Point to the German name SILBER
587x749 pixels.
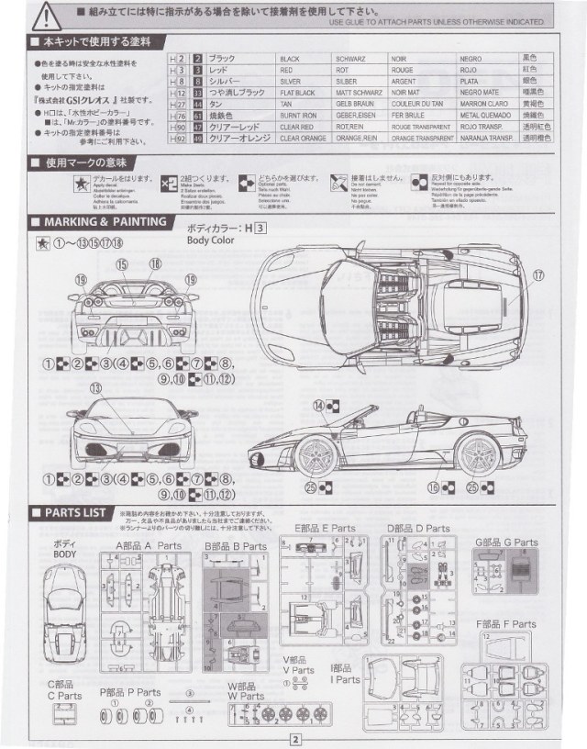[352, 82]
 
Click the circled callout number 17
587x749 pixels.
[538, 274]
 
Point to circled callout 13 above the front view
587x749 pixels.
[98, 387]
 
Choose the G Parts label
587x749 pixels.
[507, 542]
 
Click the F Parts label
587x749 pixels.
[506, 624]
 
